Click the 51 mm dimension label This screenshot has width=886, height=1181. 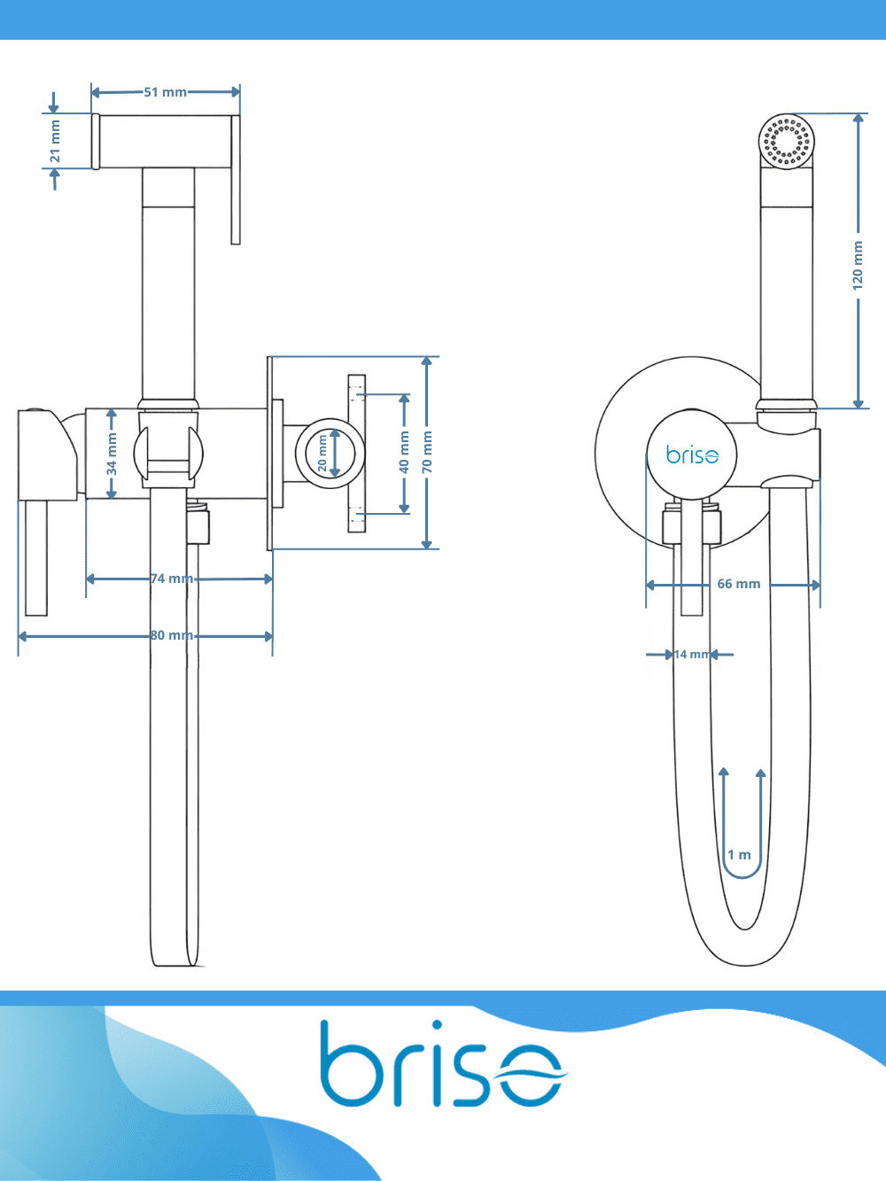point(165,92)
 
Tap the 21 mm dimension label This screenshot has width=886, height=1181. point(55,141)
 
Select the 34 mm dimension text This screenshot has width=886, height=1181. point(112,455)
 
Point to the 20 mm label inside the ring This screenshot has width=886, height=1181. point(322,453)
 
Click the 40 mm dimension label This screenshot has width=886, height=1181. point(404,453)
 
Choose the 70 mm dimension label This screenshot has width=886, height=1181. point(427,452)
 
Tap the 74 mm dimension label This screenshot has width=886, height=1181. point(172,579)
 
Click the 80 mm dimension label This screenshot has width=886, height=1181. point(172,635)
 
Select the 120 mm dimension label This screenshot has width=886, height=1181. point(858,266)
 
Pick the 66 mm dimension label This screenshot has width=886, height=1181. point(739,584)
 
